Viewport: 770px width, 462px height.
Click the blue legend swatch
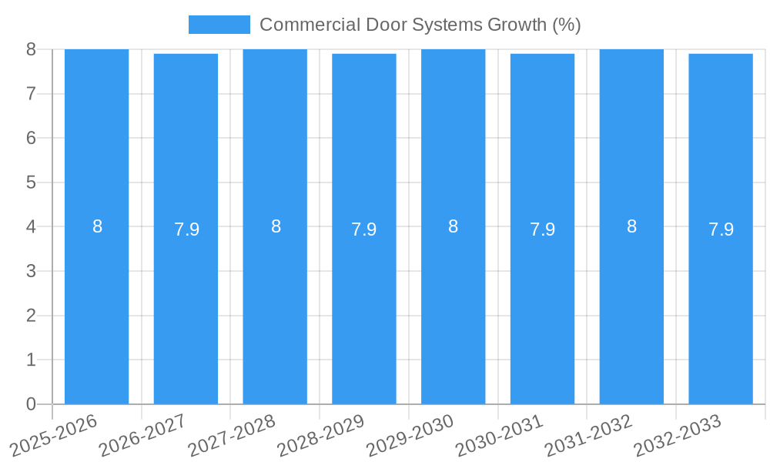click(x=219, y=25)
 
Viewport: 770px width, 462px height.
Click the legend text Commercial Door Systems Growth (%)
click(x=420, y=25)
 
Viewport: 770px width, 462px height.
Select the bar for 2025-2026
click(x=96, y=308)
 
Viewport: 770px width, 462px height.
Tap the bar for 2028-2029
click(x=364, y=308)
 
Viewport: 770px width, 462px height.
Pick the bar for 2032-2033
click(x=721, y=308)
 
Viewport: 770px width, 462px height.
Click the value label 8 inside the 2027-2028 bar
click(x=276, y=226)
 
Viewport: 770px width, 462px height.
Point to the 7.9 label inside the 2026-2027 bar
click(x=186, y=229)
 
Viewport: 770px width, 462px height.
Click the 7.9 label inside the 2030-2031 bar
click(x=543, y=229)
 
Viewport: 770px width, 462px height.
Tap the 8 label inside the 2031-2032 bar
click(x=631, y=226)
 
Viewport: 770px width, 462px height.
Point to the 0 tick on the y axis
click(x=31, y=404)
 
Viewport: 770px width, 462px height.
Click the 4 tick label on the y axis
click(x=31, y=227)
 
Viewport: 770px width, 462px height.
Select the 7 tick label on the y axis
click(x=31, y=94)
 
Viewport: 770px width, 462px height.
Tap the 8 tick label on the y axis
click(x=31, y=50)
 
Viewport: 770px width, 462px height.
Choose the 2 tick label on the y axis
click(x=31, y=316)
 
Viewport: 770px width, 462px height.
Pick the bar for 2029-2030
click(x=453, y=308)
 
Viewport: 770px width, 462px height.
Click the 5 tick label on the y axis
click(x=31, y=182)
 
